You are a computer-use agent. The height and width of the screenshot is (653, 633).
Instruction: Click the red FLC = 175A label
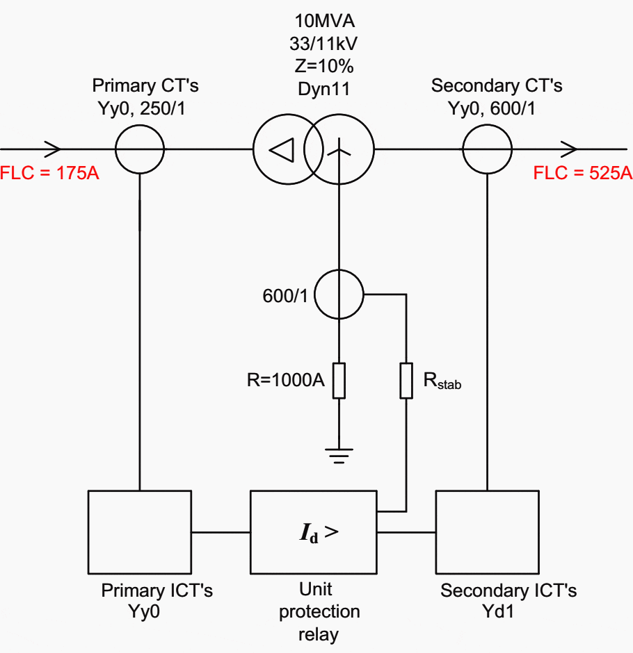pyautogui.click(x=50, y=172)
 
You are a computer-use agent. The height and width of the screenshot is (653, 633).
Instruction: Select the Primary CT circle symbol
pyautogui.click(x=139, y=149)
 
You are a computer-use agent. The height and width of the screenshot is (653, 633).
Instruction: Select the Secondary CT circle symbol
pyautogui.click(x=487, y=149)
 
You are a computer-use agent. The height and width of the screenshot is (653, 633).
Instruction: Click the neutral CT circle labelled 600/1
pyautogui.click(x=339, y=295)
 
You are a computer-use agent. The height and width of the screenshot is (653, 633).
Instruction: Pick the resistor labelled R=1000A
pyautogui.click(x=339, y=379)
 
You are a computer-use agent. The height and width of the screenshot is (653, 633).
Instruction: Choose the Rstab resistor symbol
pyautogui.click(x=406, y=379)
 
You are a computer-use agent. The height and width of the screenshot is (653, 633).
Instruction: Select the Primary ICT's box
pyautogui.click(x=140, y=531)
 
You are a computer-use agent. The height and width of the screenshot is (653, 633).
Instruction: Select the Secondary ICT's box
pyautogui.click(x=487, y=531)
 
